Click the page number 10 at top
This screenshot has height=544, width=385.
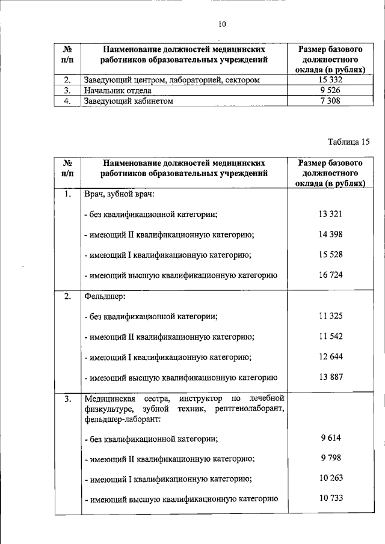pos(222,25)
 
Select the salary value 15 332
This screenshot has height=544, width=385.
pos(328,80)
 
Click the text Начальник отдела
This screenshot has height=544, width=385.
pos(118,91)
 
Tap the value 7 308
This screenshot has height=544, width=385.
pos(328,101)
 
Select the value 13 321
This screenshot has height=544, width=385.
pos(330,214)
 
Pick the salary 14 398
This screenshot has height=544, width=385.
pos(330,234)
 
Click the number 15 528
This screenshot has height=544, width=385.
pos(330,254)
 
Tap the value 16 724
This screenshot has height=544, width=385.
pos(330,275)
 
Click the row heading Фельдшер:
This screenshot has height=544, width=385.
pos(105,296)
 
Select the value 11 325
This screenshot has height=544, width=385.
pos(330,316)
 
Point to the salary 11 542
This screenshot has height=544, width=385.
pos(330,336)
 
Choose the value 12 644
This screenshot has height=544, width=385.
pos(330,356)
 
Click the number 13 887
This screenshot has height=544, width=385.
pos(330,377)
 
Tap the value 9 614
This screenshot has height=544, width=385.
pos(330,438)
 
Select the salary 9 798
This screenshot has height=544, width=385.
pos(330,458)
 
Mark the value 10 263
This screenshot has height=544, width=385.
pos(330,478)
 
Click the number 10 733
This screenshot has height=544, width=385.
pos(330,498)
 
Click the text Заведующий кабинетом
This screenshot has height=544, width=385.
pos(129,101)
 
